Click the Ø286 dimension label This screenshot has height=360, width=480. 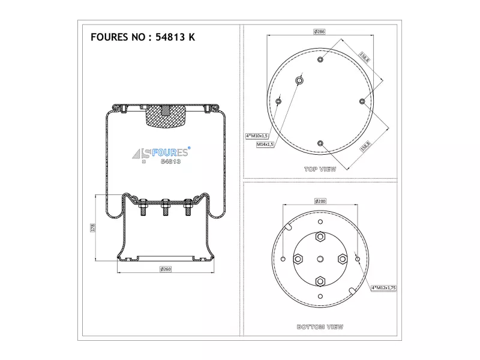(319, 32)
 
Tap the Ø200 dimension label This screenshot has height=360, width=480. (320, 201)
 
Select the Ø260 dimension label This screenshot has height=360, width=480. (166, 269)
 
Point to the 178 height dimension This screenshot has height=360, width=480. (93, 227)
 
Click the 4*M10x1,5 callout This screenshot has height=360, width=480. (257, 136)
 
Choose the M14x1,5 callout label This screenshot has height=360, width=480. (265, 144)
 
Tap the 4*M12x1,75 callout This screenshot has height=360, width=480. (383, 288)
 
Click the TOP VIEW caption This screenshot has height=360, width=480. (320, 169)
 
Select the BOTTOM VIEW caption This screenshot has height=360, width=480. (320, 327)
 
